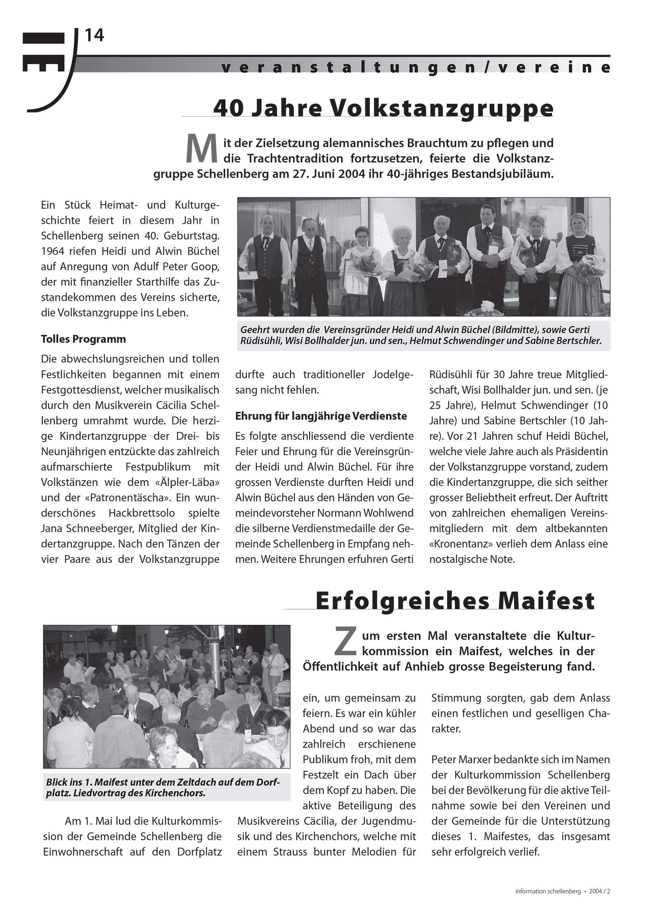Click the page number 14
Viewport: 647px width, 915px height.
pos(94,36)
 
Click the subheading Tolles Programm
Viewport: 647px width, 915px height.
pos(83,339)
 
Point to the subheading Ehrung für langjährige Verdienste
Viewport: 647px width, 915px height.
pos(321,416)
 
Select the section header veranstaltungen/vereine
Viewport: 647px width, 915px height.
pos(415,68)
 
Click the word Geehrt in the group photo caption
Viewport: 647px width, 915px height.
pos(254,330)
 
